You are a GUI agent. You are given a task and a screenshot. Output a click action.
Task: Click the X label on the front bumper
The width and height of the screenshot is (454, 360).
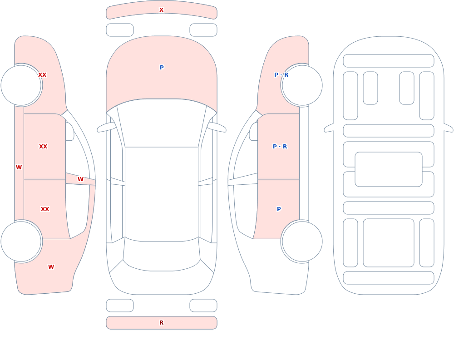point(161,10)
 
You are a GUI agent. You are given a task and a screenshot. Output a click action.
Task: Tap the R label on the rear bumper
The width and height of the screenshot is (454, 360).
point(161,323)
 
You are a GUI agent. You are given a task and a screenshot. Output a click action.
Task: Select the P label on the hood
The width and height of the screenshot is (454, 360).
point(162,68)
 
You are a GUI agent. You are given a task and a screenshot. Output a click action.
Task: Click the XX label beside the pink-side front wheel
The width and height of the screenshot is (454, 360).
point(42,75)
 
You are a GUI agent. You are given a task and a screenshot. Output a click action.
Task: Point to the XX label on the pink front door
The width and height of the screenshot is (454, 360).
point(43,147)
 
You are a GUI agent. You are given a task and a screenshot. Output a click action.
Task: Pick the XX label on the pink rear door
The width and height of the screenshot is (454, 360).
point(45,209)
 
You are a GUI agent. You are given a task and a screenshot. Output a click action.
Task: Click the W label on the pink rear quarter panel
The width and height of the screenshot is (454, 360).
point(51,267)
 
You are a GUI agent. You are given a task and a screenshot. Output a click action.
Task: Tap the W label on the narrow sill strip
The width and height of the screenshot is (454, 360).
point(19,168)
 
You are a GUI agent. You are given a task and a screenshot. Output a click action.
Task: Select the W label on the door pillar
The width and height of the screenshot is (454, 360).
point(80,179)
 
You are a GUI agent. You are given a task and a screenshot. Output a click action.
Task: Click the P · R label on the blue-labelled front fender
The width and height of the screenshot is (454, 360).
point(281,75)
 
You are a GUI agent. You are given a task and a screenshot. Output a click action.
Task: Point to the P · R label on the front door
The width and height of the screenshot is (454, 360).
point(280,147)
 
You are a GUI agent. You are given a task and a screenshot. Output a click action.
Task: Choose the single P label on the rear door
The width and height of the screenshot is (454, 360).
point(279,209)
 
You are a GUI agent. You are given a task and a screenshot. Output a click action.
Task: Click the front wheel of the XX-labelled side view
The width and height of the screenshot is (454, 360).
point(21,85)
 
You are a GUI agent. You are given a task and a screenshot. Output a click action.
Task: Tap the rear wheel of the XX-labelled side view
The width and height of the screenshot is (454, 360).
point(21,241)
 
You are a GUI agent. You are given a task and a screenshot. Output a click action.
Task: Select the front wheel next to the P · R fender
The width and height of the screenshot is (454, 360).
point(302,85)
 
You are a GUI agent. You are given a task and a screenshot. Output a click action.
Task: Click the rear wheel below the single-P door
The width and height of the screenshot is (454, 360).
point(302,241)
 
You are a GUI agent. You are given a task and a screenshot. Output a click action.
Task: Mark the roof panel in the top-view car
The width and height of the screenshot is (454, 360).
point(162,194)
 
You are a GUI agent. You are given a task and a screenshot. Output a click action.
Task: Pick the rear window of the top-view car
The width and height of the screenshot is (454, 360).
point(162,255)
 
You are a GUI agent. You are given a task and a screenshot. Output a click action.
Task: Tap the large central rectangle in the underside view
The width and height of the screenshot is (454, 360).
point(389,169)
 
